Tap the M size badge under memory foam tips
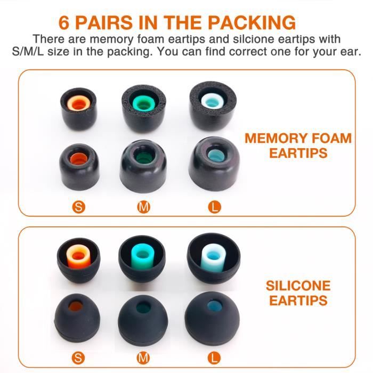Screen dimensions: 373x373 click(x=143, y=207)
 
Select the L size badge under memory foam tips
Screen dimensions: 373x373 click(x=215, y=207)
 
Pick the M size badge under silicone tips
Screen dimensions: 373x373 click(x=143, y=358)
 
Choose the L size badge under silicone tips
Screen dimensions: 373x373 click(x=215, y=358)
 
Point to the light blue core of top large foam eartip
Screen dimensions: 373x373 click(x=212, y=100)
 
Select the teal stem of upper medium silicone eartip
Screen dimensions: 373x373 click(x=142, y=253)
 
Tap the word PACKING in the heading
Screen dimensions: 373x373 click(x=252, y=22)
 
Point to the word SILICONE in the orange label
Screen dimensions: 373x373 click(x=298, y=286)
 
